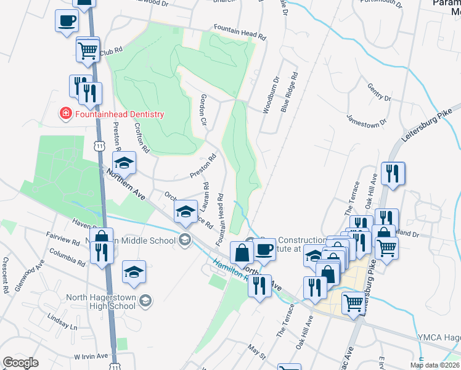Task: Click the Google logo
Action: [x=21, y=363]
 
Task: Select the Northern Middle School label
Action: [x=142, y=240]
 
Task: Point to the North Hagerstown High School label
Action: [x=100, y=301]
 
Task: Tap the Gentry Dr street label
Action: [x=379, y=93]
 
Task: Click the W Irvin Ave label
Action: [x=91, y=356]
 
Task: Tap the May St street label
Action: [x=257, y=353]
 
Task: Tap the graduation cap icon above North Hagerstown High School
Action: [x=134, y=272]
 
